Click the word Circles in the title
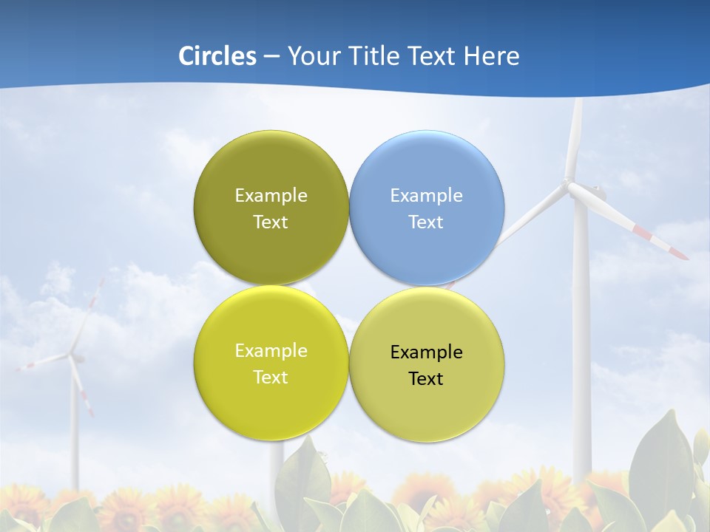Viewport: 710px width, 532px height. [217, 56]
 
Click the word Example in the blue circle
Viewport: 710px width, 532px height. [427, 196]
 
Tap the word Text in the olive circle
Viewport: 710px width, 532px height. [271, 222]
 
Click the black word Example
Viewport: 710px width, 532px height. [427, 352]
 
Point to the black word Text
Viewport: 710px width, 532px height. [426, 379]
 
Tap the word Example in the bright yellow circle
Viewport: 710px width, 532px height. [271, 351]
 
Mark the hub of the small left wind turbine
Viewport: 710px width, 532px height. [72, 357]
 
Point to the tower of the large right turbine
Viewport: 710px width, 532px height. [581, 332]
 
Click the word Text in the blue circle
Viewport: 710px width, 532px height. [426, 222]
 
